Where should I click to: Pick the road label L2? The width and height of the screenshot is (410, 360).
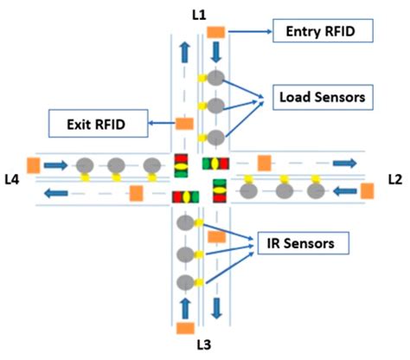tap(395, 179)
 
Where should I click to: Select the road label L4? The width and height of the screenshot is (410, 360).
tap(12, 179)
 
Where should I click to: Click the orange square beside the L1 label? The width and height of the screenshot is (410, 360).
tap(215, 32)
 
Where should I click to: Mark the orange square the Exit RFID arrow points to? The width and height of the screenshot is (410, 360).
tap(184, 124)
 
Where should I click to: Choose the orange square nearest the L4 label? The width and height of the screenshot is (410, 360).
tap(34, 164)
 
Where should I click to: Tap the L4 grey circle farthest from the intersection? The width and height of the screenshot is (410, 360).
tap(84, 164)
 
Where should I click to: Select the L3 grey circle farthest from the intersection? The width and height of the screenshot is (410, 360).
tap(185, 282)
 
